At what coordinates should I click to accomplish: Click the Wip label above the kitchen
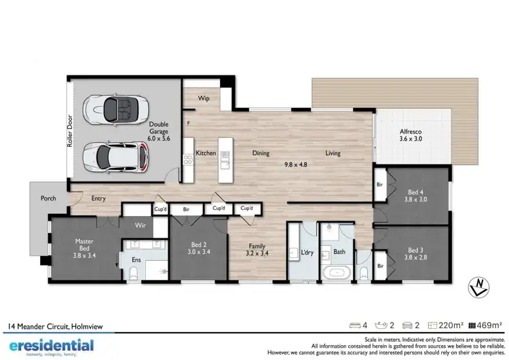(203, 98)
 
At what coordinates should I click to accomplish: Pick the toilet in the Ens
(134, 272)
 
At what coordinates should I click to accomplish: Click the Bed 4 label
(415, 196)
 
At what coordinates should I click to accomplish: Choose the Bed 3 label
(415, 253)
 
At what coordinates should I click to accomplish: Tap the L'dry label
(307, 253)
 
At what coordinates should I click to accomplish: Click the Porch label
(48, 198)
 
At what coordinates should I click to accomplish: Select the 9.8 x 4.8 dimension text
(296, 164)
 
